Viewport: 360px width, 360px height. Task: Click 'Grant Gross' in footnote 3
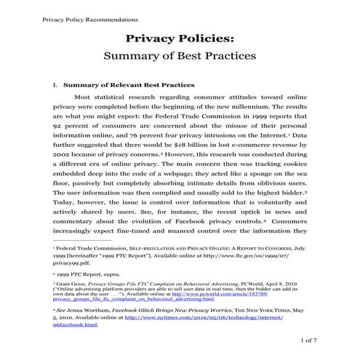tap(76, 276)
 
